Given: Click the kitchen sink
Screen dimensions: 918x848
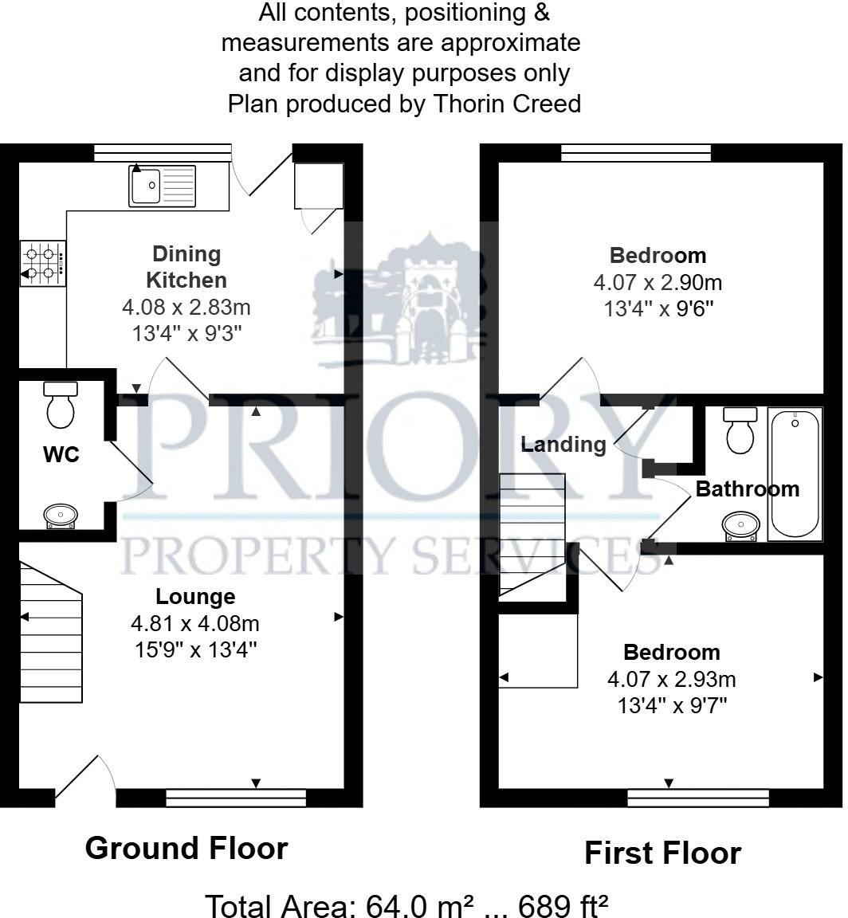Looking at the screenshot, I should coord(161,186).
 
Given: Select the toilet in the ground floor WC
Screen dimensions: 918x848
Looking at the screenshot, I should coord(61,404).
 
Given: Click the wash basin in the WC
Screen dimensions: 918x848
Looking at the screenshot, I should coord(61,516).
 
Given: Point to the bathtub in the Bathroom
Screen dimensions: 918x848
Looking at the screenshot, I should coord(794,474).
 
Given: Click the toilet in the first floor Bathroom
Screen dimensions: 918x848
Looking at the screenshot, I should coord(740,430).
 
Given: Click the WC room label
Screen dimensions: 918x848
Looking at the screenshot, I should coord(61,456).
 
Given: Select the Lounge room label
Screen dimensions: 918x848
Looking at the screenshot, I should coord(195,596).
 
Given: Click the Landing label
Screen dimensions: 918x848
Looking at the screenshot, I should coord(563,444).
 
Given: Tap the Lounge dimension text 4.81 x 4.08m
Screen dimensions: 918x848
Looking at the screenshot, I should coord(195,623).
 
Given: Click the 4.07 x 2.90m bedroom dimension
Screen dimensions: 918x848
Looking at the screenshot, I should coord(658,282).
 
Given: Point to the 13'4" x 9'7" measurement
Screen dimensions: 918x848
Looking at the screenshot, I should coord(671,705).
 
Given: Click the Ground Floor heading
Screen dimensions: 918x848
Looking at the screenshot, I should coord(186,848).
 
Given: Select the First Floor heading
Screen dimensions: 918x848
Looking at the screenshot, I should coord(662,853).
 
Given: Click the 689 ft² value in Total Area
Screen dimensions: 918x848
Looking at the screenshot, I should coord(563,906).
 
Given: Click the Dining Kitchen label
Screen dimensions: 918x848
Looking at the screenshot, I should coord(189,267).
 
